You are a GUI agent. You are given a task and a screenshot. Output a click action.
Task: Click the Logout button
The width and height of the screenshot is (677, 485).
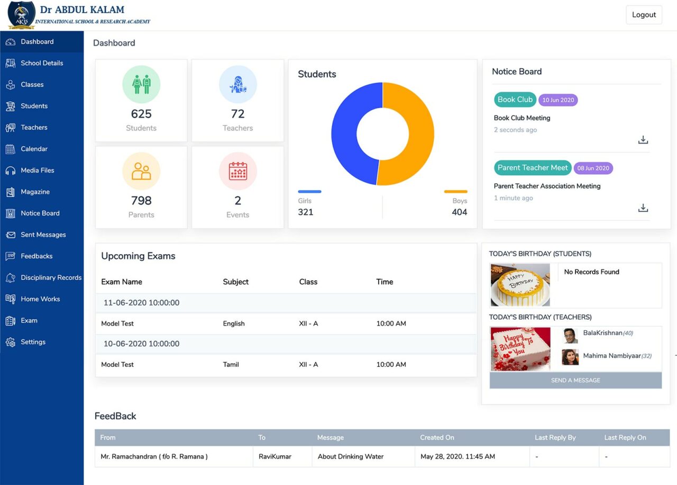pyautogui.click(x=644, y=15)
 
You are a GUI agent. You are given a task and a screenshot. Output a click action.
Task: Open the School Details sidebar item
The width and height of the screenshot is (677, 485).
pyautogui.click(x=41, y=63)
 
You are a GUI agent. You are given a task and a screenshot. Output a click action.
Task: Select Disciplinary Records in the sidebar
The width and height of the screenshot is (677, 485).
pyautogui.click(x=51, y=277)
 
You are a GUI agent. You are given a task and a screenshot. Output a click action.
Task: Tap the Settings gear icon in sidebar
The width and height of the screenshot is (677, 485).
pyautogui.click(x=11, y=342)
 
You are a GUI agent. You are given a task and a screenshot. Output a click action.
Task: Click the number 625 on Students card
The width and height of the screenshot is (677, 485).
pyautogui.click(x=141, y=114)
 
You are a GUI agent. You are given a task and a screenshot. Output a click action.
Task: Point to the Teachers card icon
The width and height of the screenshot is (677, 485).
pyautogui.click(x=237, y=85)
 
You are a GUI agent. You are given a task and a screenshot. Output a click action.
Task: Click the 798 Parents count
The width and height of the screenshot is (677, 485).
pyautogui.click(x=141, y=201)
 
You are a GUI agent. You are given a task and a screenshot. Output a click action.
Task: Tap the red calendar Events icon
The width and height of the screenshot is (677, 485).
pyautogui.click(x=237, y=171)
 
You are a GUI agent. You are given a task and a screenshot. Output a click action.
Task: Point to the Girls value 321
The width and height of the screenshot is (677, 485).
pyautogui.click(x=306, y=212)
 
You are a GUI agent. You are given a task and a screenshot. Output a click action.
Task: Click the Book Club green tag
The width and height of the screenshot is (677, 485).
pyautogui.click(x=515, y=100)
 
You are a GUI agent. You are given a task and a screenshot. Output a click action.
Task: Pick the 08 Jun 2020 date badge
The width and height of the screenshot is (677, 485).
pyautogui.click(x=593, y=168)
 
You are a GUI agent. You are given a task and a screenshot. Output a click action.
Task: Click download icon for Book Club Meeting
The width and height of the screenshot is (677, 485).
pyautogui.click(x=643, y=140)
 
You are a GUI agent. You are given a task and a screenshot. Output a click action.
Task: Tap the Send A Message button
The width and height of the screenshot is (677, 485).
pyautogui.click(x=575, y=380)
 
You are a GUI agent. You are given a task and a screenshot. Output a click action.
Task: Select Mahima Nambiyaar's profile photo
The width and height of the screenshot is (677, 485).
pyautogui.click(x=570, y=357)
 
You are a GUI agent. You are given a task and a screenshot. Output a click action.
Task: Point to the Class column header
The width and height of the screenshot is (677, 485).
pyautogui.click(x=308, y=282)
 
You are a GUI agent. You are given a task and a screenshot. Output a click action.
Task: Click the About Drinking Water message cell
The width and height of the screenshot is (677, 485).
pyautogui.click(x=350, y=456)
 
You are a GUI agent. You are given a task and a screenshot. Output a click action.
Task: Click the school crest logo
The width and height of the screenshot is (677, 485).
pyautogui.click(x=22, y=15)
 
